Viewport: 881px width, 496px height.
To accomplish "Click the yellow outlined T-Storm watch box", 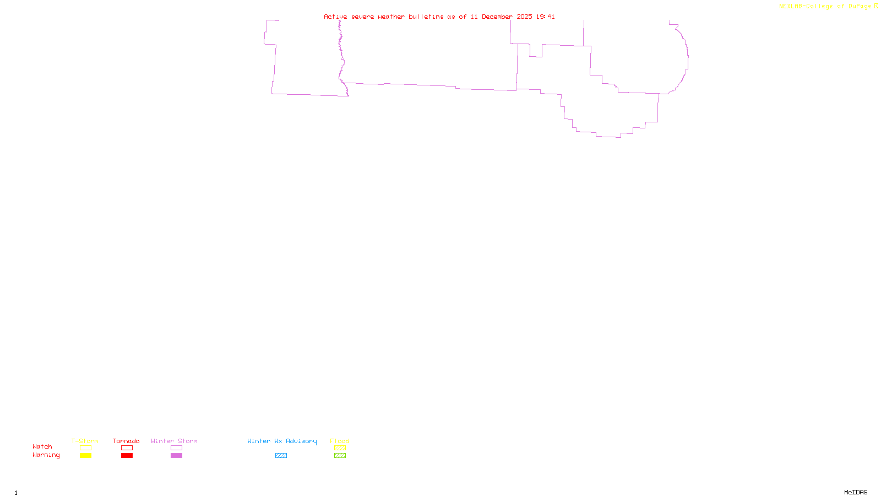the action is tap(85, 448).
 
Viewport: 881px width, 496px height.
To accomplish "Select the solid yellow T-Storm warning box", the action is tap(85, 456).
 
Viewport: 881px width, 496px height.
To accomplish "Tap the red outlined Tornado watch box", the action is tap(127, 448).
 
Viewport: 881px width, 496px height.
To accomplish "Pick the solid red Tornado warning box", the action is tap(127, 456).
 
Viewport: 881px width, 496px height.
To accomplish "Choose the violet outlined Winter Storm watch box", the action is tap(176, 448).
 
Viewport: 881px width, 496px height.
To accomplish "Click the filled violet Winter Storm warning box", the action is tap(176, 456).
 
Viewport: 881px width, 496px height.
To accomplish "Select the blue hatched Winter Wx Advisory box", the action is tap(281, 456).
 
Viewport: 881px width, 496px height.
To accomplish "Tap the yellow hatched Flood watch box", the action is tap(340, 448).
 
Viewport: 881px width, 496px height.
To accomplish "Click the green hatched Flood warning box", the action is tap(340, 456).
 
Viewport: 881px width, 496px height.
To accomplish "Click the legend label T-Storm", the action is tap(85, 441).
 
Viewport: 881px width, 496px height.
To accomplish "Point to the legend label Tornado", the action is tap(126, 441).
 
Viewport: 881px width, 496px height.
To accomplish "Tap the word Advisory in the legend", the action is tap(301, 441).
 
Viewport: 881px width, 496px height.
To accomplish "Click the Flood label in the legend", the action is tap(340, 441).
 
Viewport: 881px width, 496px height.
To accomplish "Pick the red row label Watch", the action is tap(42, 446).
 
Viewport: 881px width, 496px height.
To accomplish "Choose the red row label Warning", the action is tap(46, 455).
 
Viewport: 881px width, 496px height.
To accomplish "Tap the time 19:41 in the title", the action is tap(546, 17).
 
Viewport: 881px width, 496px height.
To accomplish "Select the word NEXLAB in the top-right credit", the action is tap(791, 7).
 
